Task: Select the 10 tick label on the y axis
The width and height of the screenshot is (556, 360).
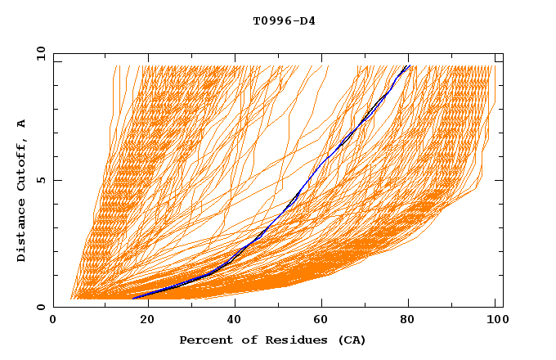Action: [38, 53]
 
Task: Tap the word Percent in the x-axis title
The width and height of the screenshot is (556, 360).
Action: [205, 340]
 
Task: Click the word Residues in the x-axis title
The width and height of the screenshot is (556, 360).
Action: [291, 340]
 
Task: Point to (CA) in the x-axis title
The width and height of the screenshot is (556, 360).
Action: [350, 340]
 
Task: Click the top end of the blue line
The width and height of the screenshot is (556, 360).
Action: [408, 65]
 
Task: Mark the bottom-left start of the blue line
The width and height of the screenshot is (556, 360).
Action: [132, 298]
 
